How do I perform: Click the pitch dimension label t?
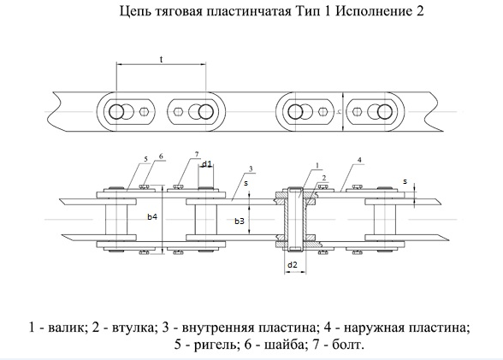[162, 59]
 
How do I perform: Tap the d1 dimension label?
[207, 164]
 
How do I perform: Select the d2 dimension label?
[293, 265]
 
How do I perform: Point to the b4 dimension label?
[152, 216]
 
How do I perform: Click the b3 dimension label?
[240, 221]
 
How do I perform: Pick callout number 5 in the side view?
[146, 159]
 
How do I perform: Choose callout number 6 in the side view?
[161, 156]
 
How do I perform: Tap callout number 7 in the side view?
[197, 154]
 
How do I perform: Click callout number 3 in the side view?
[251, 168]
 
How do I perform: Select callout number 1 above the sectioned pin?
[317, 166]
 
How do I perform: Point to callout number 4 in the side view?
[359, 160]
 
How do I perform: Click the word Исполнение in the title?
[374, 11]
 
